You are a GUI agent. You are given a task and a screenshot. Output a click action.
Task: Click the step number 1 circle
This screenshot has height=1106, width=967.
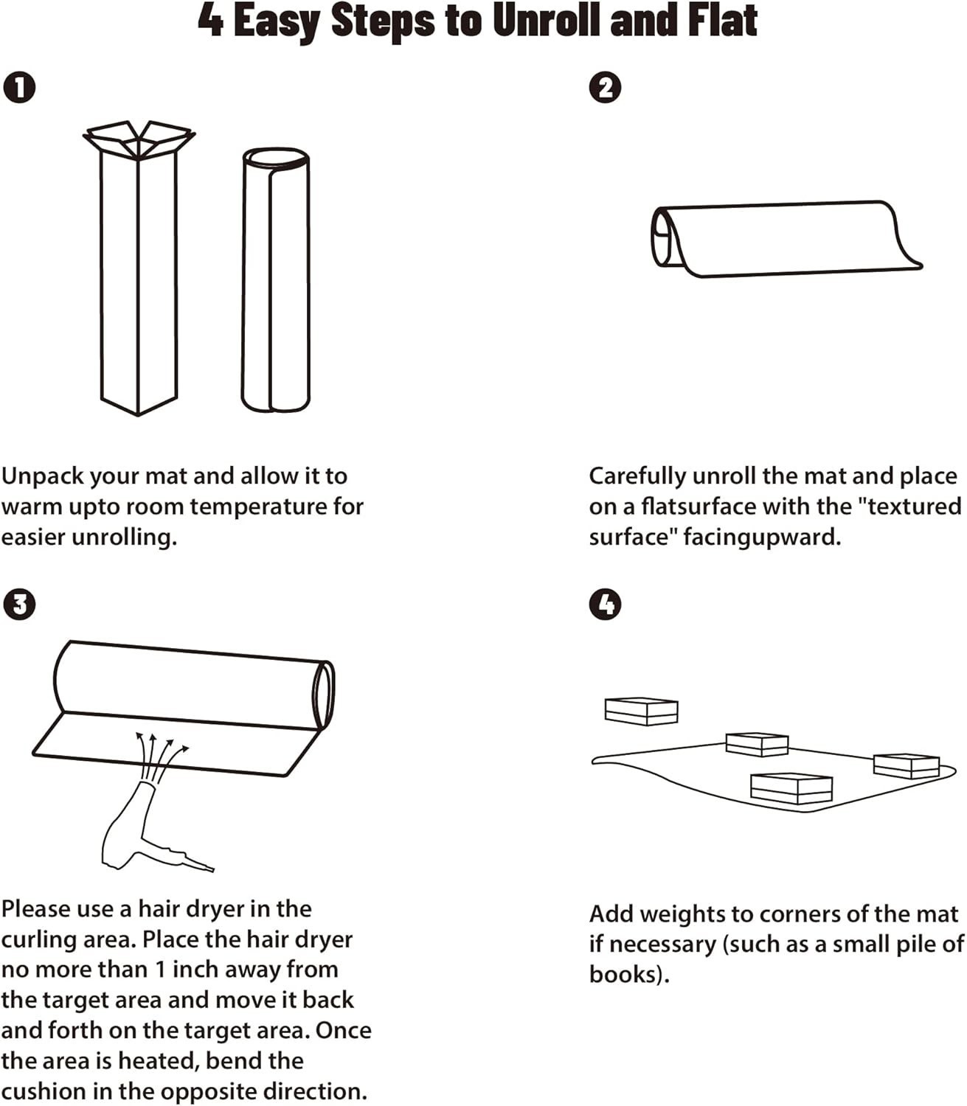point(19,88)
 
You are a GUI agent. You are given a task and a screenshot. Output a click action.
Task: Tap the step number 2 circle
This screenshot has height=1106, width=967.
point(606,88)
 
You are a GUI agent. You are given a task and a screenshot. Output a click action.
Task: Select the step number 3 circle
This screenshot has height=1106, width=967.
point(19,605)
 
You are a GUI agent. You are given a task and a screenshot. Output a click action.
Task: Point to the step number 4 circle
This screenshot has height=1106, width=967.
point(606,605)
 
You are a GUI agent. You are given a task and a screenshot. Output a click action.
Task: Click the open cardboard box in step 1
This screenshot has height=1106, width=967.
point(139,280)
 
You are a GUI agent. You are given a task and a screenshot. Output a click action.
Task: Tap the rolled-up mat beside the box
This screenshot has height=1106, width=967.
point(276,280)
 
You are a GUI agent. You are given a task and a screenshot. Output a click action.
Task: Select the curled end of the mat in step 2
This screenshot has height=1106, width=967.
point(668,237)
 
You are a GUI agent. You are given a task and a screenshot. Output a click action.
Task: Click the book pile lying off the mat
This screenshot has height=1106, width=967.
point(641,711)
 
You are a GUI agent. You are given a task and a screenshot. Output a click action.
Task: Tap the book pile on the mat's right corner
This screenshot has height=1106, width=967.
point(906,765)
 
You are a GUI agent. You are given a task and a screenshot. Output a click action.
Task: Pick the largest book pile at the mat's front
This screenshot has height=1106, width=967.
point(791,788)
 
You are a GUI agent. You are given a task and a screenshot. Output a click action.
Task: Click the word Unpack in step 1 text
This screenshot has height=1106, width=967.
point(44,476)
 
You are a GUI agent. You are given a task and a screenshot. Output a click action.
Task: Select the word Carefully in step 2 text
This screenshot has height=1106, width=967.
point(637,476)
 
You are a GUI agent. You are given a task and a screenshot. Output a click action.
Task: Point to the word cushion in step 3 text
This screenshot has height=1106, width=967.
point(44,1091)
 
